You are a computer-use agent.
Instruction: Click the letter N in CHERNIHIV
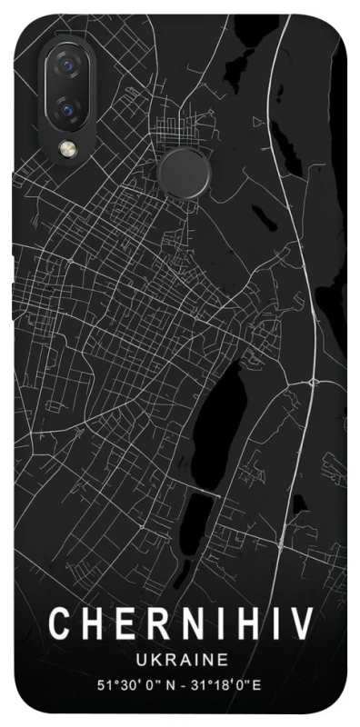pyautogui.click(x=185, y=626)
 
